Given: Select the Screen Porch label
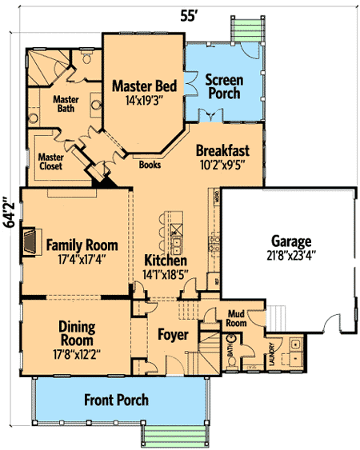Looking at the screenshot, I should point(224,86).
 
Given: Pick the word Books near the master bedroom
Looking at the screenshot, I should point(150,165).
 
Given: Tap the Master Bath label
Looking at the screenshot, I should point(66,105).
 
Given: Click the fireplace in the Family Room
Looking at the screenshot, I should point(29,240).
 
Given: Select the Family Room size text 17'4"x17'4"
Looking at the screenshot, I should point(82,259).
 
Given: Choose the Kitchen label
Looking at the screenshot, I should point(166,261).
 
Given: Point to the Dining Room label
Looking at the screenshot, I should point(78,333).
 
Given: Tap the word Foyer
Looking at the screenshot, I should point(172,333).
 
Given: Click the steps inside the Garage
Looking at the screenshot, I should point(278,317).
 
